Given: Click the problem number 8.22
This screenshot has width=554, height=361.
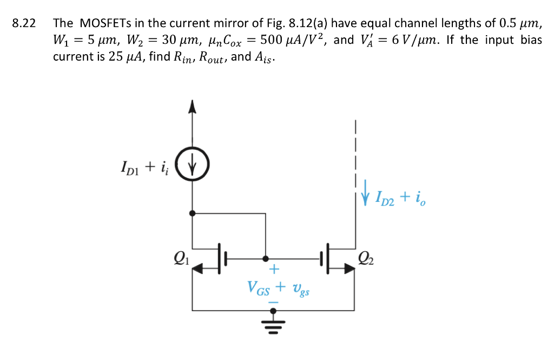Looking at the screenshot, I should click(x=24, y=23).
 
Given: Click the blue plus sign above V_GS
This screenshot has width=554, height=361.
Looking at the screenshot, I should click(x=274, y=269).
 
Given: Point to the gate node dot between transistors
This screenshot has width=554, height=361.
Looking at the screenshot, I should click(x=265, y=259).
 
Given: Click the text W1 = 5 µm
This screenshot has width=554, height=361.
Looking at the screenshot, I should click(x=78, y=41).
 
